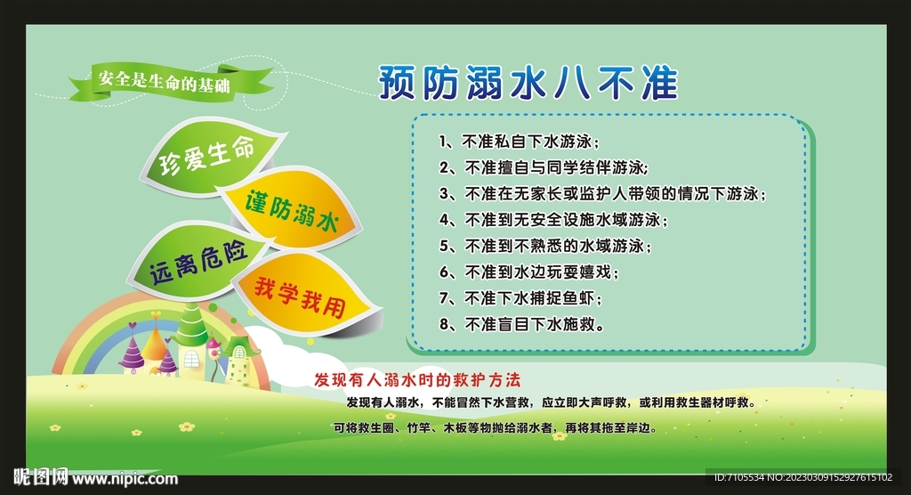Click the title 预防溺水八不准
528,84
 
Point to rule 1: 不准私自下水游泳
520,141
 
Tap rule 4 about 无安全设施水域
552,219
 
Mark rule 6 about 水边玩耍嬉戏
528,272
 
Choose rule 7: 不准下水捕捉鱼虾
520,298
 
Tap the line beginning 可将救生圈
496,427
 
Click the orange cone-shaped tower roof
155,336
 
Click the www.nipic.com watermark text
125,479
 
